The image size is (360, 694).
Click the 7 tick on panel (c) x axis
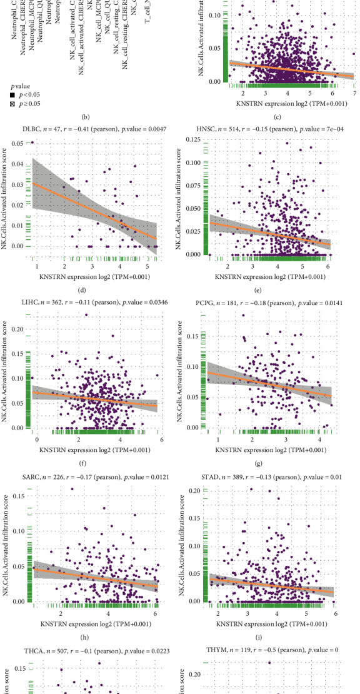[354, 93]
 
